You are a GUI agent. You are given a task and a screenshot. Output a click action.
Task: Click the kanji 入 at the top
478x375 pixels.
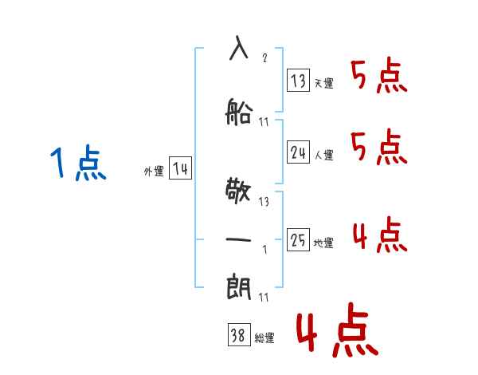pyautogui.click(x=238, y=48)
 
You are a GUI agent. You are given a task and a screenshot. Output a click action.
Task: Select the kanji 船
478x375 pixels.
pyautogui.click(x=238, y=112)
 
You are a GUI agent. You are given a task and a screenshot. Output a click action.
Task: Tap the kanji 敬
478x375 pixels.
pyautogui.click(x=238, y=191)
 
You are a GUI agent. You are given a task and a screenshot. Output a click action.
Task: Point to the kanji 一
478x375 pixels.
pyautogui.click(x=238, y=239)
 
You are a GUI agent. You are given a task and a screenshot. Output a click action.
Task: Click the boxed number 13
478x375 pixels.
pyautogui.click(x=298, y=80)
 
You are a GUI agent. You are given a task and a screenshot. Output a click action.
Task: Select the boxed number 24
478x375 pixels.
pyautogui.click(x=298, y=152)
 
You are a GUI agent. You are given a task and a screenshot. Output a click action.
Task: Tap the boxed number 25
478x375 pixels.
pyautogui.click(x=298, y=239)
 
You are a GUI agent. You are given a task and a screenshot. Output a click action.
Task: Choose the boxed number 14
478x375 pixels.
pyautogui.click(x=180, y=168)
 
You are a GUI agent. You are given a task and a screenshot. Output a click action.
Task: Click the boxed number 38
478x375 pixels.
pyautogui.click(x=239, y=334)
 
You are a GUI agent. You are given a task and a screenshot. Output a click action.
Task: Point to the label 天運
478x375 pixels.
pyautogui.click(x=323, y=83)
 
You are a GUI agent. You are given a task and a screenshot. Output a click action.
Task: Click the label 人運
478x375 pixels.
pyautogui.click(x=323, y=155)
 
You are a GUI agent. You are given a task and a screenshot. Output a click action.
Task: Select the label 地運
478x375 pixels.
pyautogui.click(x=323, y=243)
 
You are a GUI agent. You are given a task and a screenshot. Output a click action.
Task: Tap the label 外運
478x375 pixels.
pyautogui.click(x=154, y=172)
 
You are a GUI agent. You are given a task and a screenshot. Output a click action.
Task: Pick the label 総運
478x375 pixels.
pyautogui.click(x=264, y=337)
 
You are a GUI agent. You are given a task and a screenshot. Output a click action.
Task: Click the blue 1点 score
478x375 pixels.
pyautogui.click(x=78, y=163)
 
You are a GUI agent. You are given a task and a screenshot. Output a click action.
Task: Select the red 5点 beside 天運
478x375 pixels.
pyautogui.click(x=379, y=75)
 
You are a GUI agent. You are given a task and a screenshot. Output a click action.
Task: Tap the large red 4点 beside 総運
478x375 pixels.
pyautogui.click(x=337, y=330)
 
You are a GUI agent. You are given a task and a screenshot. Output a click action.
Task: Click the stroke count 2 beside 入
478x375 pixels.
pyautogui.click(x=264, y=57)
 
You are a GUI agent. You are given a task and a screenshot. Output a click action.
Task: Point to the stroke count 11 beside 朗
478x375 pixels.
pyautogui.click(x=264, y=297)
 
